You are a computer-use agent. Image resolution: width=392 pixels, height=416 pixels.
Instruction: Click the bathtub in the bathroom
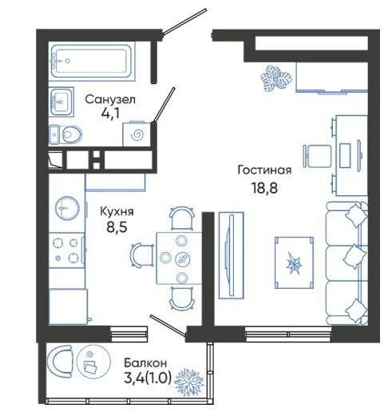tap(91, 61)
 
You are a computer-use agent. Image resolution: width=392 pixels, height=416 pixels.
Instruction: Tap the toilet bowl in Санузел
tap(70, 134)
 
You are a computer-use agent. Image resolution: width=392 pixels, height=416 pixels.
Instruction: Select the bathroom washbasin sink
tap(61, 102)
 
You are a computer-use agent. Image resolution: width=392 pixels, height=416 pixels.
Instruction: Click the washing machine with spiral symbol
tap(137, 134)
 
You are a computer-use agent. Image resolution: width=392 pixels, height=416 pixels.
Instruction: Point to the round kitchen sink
tap(67, 208)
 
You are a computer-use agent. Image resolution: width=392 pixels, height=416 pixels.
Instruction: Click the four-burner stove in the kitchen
tap(67, 250)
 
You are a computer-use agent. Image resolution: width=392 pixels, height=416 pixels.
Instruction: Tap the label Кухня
tap(117, 212)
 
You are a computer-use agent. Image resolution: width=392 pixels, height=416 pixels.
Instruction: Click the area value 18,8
tap(264, 188)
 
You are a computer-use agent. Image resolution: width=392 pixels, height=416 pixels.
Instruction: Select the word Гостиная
tap(264, 170)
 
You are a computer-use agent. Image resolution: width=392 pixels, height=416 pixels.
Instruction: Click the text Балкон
tap(145, 363)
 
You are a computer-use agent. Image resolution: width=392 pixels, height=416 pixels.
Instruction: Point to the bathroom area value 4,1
tap(110, 114)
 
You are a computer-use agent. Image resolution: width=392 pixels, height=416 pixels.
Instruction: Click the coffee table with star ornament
tap(294, 263)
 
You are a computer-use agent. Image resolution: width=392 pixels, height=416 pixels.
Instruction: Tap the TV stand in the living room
tap(231, 255)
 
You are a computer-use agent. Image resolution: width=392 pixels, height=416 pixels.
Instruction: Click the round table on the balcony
tap(93, 362)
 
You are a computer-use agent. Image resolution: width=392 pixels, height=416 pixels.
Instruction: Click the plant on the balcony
tap(189, 382)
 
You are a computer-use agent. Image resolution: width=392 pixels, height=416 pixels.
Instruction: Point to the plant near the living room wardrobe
tap(276, 78)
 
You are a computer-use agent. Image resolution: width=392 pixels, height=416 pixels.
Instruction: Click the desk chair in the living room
tap(317, 156)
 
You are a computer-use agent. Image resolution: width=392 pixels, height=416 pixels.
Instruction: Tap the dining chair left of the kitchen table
tap(142, 255)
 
